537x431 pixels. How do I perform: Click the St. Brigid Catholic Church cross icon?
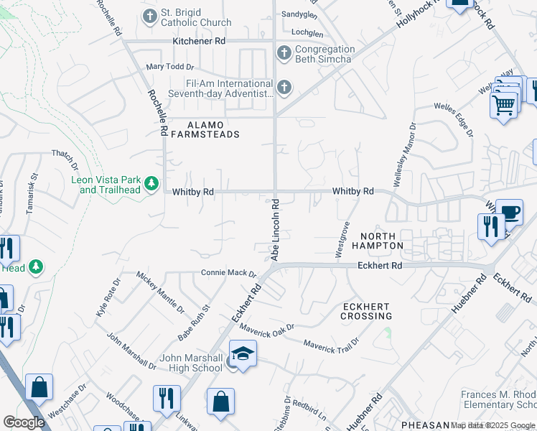click(x=150, y=16)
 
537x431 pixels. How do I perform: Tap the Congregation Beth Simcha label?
click(x=325, y=54)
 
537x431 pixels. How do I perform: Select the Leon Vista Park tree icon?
click(x=151, y=185)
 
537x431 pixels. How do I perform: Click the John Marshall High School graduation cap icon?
click(x=243, y=354)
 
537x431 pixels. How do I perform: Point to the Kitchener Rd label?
click(x=199, y=42)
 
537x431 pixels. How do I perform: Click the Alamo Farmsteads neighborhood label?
click(x=203, y=129)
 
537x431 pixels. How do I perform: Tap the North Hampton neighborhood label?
click(x=382, y=241)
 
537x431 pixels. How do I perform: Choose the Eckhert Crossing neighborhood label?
click(x=366, y=310)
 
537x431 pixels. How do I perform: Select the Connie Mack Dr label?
click(x=228, y=273)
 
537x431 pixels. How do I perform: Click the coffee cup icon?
click(x=509, y=213)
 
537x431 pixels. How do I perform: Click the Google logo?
click(x=24, y=422)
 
